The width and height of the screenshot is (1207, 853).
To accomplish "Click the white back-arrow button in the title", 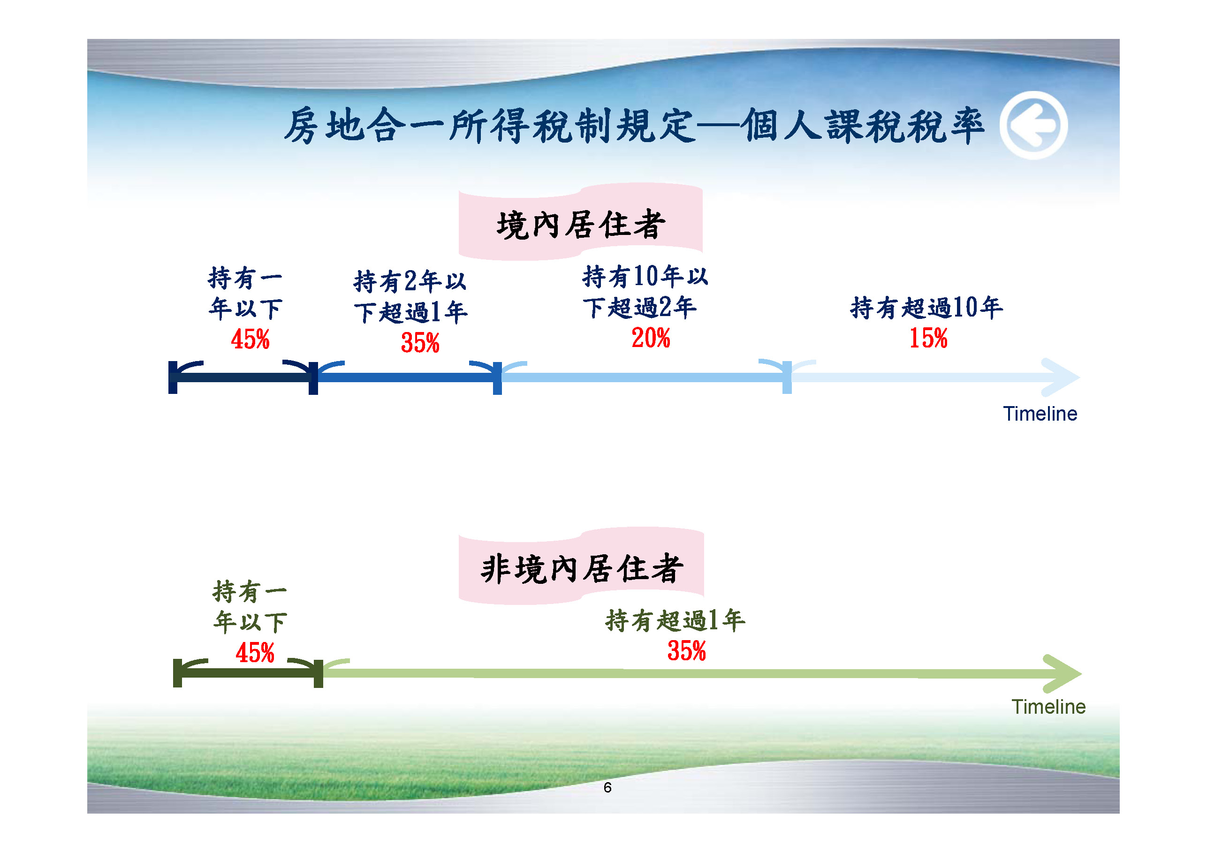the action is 1033,125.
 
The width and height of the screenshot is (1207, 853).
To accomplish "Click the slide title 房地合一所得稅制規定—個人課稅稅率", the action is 633,126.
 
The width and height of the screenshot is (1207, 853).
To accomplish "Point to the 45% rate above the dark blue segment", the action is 250,339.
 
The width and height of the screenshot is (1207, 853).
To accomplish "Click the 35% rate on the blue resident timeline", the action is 420,343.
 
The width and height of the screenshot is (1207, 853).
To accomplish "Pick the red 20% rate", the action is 651,338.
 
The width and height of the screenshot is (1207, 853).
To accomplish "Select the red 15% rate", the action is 928,338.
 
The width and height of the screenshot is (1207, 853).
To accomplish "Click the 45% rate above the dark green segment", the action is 255,653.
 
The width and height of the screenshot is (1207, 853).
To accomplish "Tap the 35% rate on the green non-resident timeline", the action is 687,651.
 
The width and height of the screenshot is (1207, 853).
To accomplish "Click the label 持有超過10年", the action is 926,308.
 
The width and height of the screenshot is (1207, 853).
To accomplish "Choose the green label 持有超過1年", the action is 675,620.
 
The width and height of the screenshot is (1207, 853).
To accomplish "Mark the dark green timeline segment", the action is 248,673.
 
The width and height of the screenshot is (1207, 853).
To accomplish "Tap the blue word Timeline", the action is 1040,414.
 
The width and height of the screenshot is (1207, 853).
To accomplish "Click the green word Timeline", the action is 1048,706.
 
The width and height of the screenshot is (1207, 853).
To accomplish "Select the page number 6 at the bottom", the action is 607,787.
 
